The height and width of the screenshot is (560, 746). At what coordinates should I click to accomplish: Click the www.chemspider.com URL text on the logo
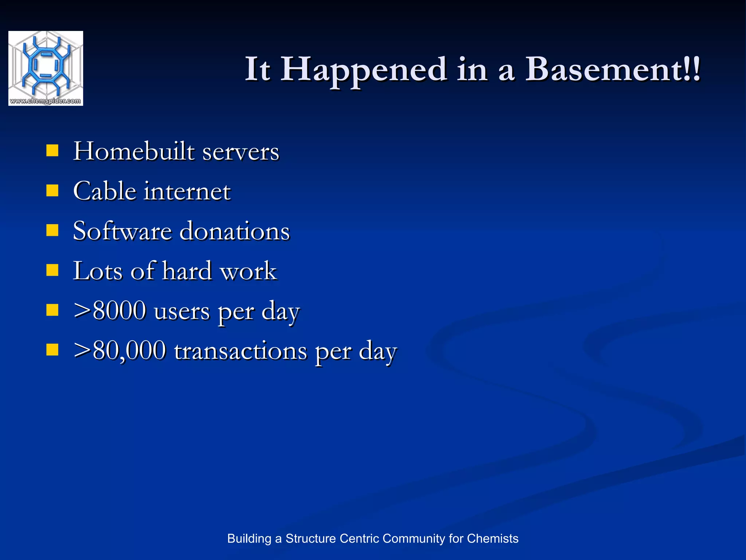(46, 101)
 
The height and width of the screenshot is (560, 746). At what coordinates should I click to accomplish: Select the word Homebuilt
(134, 151)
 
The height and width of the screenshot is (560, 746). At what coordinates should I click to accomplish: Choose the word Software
(122, 231)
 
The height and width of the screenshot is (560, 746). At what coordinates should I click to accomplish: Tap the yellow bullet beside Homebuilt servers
(52, 151)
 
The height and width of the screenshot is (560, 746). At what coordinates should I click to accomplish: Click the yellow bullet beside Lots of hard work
(52, 271)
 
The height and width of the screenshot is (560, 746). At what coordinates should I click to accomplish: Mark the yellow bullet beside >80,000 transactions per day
(52, 350)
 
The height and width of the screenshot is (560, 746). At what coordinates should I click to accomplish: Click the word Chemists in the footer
(492, 538)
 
